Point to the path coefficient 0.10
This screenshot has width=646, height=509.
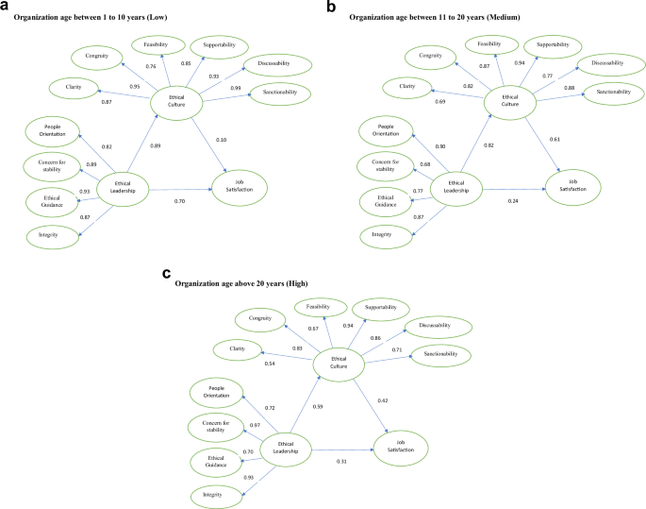pyautogui.click(x=222, y=140)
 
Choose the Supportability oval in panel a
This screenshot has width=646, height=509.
pyautogui.click(x=219, y=44)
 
